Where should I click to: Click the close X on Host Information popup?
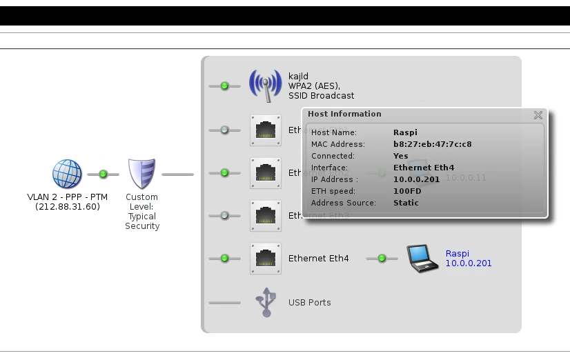click(538, 115)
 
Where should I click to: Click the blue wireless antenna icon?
click(265, 86)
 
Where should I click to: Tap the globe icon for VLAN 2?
click(67, 174)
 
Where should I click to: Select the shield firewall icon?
click(141, 174)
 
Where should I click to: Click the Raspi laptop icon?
click(422, 259)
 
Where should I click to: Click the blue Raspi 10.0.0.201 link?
click(469, 259)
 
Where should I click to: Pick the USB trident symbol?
click(266, 302)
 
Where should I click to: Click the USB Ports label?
click(309, 303)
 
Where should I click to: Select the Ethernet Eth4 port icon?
click(266, 259)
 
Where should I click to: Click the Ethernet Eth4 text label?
click(318, 259)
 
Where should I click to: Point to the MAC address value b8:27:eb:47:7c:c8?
click(433, 144)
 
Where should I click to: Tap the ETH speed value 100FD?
click(408, 191)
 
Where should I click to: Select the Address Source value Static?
click(406, 203)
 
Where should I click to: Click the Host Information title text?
click(344, 114)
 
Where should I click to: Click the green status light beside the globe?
click(103, 174)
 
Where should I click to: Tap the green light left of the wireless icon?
click(224, 86)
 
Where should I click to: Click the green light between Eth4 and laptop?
click(382, 259)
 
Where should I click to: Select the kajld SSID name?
click(299, 76)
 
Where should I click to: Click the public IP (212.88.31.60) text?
click(67, 206)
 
